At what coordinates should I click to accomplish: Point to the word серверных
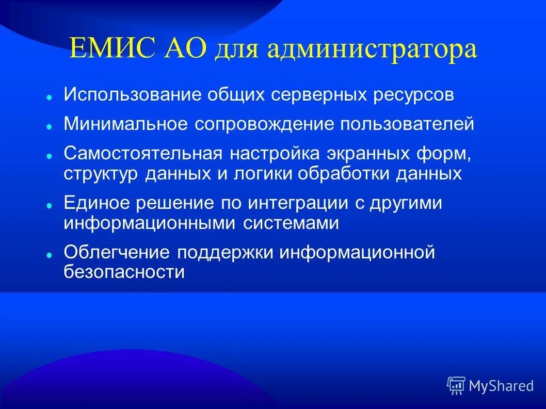(320, 95)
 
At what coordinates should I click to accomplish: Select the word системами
(291, 223)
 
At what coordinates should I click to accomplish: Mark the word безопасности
(124, 272)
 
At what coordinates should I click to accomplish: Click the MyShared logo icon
(456, 385)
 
